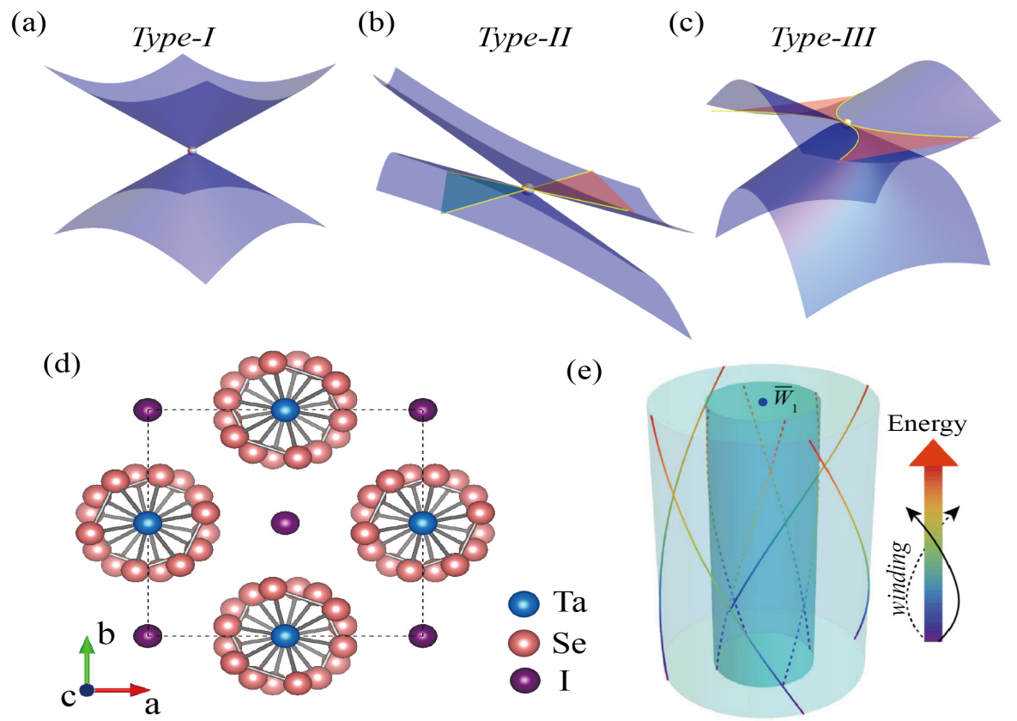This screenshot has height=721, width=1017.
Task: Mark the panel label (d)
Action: coord(62,365)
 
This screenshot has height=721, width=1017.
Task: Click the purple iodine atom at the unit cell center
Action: coord(285,522)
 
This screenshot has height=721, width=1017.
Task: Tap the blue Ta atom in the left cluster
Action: coord(148,522)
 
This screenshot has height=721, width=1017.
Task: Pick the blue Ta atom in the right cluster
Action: coord(421,522)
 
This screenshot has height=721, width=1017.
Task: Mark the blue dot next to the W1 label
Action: coord(763,402)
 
